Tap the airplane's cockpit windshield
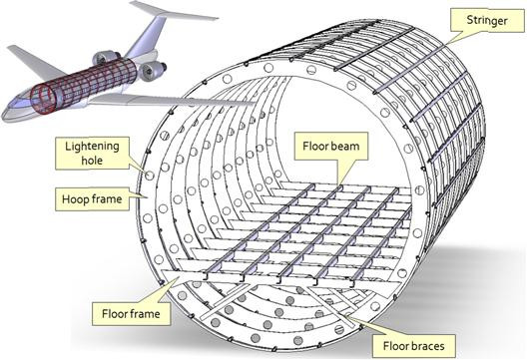[24, 97]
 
